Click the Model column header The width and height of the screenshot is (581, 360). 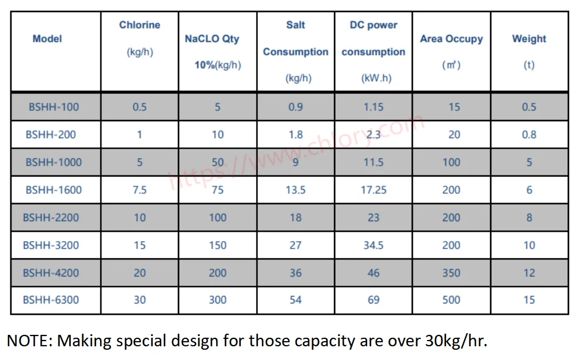(47, 39)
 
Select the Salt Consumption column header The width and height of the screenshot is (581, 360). (296, 51)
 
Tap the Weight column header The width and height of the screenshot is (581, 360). (529, 39)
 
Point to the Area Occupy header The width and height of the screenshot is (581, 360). (451, 39)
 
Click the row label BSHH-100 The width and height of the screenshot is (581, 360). (54, 107)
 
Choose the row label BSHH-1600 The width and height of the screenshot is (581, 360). (54, 190)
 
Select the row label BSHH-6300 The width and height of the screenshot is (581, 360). (51, 299)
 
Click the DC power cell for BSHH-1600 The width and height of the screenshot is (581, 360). (373, 190)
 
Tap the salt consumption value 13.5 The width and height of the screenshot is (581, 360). (296, 190)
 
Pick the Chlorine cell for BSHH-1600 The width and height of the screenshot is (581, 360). (140, 190)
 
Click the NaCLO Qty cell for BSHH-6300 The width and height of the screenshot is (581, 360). (217, 299)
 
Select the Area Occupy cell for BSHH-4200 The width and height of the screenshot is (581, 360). (451, 273)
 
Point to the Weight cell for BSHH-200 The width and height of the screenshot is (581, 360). (529, 135)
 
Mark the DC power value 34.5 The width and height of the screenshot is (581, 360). (373, 245)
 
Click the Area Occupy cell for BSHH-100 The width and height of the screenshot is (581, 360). (454, 107)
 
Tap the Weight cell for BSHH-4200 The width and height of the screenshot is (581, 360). (529, 273)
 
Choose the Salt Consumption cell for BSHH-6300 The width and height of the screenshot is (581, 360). (296, 299)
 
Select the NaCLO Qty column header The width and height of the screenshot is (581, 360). (212, 39)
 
